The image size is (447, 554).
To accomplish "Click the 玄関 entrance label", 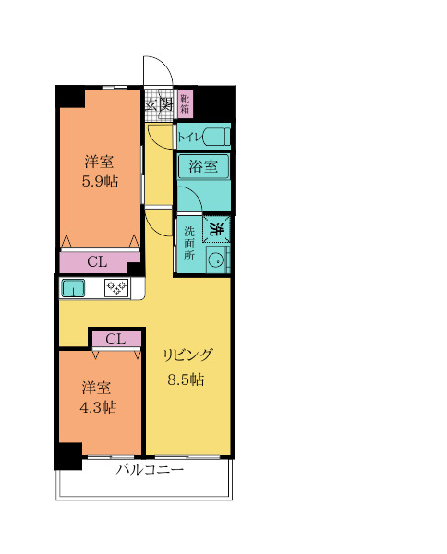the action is click(x=160, y=105).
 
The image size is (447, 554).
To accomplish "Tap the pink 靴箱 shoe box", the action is click(x=186, y=102).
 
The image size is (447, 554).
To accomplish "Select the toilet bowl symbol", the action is click(x=216, y=137).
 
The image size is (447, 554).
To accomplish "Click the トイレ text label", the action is click(x=189, y=137).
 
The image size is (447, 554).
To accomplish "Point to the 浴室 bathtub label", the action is click(x=203, y=166).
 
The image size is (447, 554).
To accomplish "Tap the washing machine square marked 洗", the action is click(x=216, y=229).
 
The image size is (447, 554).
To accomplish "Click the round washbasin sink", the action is click(x=215, y=260).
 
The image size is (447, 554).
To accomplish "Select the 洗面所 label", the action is click(x=189, y=243).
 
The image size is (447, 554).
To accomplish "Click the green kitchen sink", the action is click(x=73, y=288).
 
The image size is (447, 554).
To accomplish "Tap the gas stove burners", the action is click(x=117, y=287).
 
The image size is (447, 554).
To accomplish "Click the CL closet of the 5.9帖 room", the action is click(x=97, y=262).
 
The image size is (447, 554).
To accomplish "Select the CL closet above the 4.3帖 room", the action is click(x=116, y=339).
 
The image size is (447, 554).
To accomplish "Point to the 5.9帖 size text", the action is click(x=100, y=181).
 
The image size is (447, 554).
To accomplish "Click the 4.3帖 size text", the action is click(x=98, y=407).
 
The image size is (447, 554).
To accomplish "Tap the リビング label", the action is click(x=187, y=355).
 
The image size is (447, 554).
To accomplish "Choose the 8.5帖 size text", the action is click(x=186, y=379).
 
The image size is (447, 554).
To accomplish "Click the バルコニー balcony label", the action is click(x=150, y=470).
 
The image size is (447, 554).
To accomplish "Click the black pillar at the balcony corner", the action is click(x=68, y=456).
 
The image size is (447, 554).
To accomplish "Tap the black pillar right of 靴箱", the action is click(x=215, y=103).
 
